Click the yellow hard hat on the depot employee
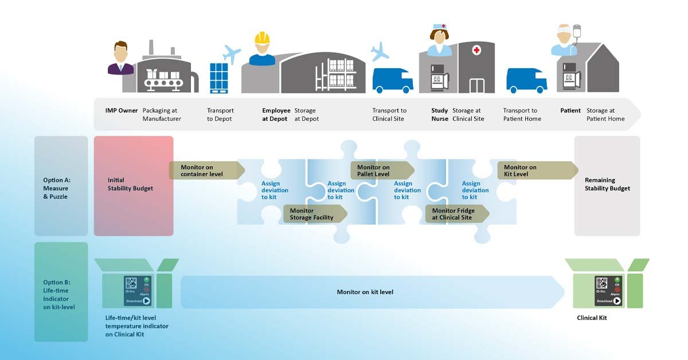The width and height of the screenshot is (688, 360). pos(262,38)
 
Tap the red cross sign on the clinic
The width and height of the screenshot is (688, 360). pos(476,50)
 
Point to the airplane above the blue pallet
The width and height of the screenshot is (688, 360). pos(231,54)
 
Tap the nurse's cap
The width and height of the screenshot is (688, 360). pos(439,26)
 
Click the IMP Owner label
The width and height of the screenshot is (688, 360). pos(121,111)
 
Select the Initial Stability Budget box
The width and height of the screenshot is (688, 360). pos(134,185)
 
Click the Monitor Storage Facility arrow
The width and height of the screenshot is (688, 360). pos(314,214)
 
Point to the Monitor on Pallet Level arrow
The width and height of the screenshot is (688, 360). pos(381,170)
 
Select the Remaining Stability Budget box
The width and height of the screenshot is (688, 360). pos(607,185)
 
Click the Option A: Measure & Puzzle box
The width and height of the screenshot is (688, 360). pos(61,185)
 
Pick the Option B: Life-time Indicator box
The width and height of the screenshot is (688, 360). pos(61,291)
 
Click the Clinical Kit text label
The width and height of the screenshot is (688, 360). pos(592,318)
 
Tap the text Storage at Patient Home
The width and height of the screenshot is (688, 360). pos(605,115)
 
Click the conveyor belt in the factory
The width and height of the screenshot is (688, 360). pos(163,84)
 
